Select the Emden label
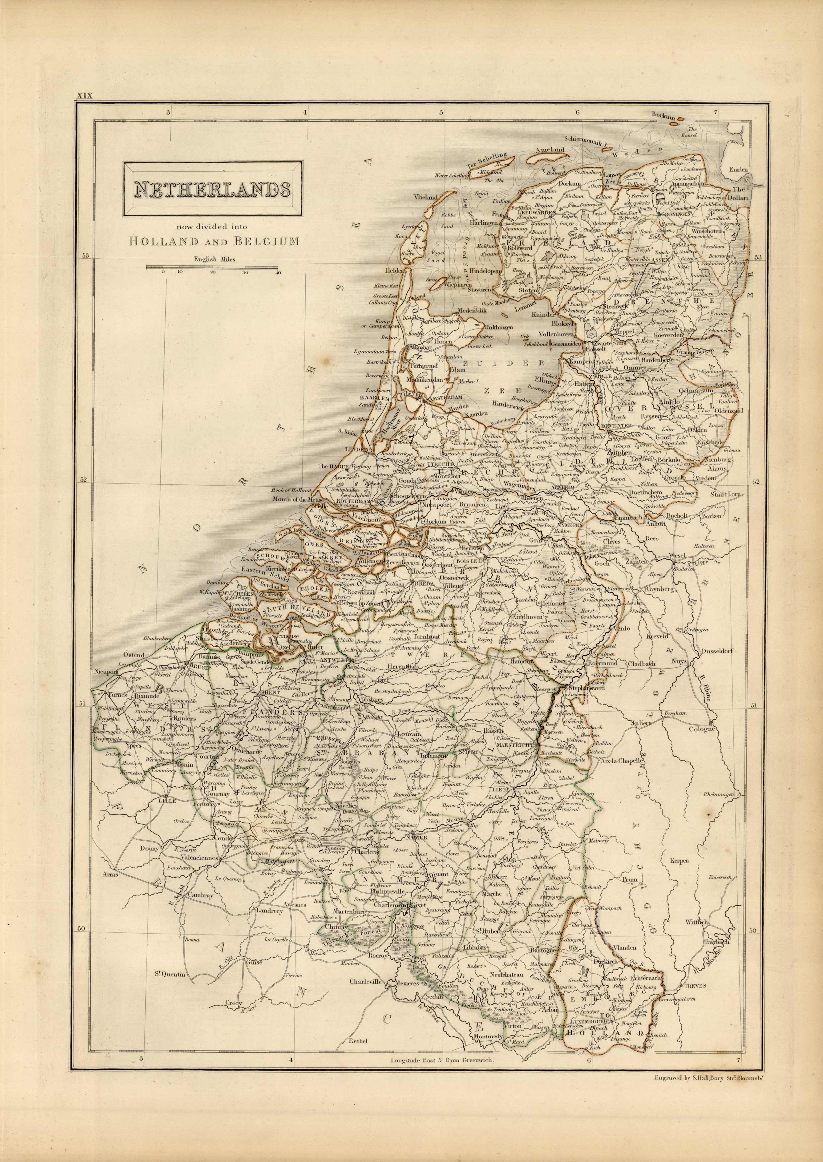click(739, 169)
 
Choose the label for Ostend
click(134, 654)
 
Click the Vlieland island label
click(425, 197)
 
